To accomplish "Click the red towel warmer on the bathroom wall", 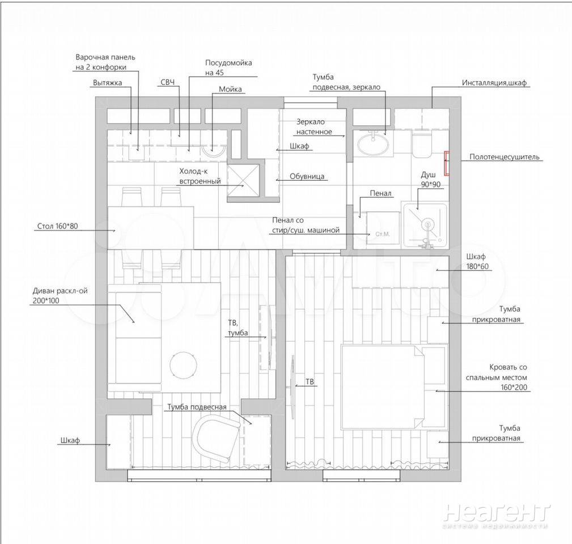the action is (x=446, y=163).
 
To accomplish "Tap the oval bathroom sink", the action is (x=373, y=145).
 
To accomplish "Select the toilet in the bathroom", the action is (x=422, y=144).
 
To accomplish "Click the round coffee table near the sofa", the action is (x=184, y=365).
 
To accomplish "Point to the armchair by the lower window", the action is (x=215, y=439).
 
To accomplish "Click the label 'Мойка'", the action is (x=230, y=90).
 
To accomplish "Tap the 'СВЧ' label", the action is (x=168, y=82).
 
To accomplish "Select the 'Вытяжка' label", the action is (x=107, y=83).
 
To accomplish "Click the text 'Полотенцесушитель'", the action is (x=504, y=157).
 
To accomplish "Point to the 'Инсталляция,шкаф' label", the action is (x=494, y=83).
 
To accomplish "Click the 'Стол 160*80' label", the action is (x=57, y=226).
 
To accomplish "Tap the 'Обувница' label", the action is (x=307, y=176).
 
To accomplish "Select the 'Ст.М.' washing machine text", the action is (x=383, y=234).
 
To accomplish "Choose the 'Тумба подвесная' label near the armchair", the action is (x=197, y=407).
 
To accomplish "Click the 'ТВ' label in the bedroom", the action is (x=310, y=382).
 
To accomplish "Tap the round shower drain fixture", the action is (x=427, y=224).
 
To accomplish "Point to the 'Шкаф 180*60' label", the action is (x=477, y=261).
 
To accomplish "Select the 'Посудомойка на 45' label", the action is (x=228, y=67).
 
